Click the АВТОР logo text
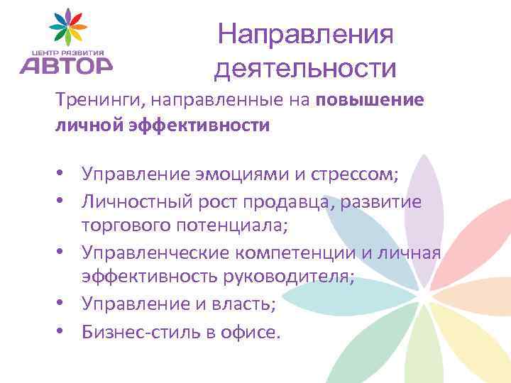65,65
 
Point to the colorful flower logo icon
67,27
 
